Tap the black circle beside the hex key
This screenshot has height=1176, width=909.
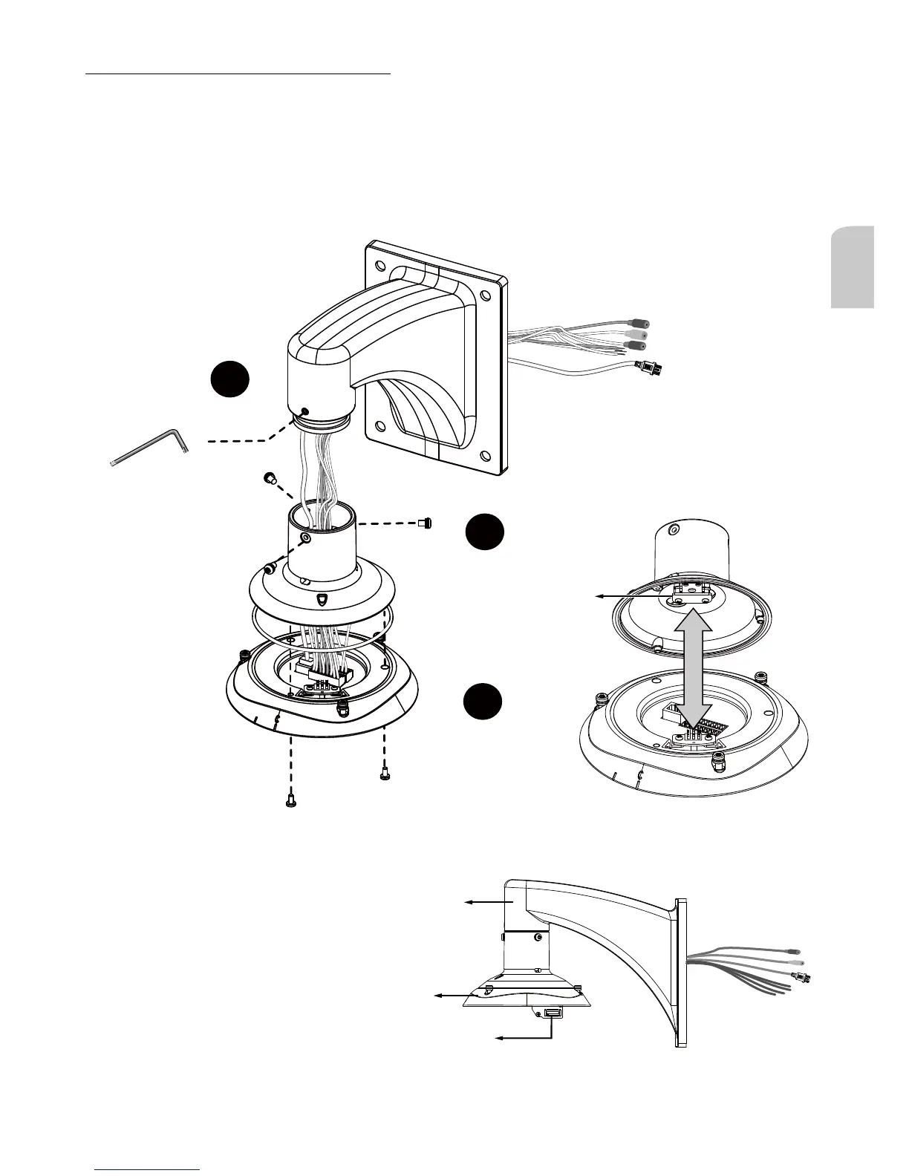(229, 379)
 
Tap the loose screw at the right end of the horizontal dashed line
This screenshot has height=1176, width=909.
(426, 523)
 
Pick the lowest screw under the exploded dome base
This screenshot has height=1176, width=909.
(290, 801)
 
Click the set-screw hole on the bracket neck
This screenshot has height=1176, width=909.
(305, 411)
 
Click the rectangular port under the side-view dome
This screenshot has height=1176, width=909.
(553, 1013)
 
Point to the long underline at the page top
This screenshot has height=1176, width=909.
(238, 74)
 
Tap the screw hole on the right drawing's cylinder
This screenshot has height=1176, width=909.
(673, 529)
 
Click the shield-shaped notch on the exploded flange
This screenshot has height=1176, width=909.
(322, 599)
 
